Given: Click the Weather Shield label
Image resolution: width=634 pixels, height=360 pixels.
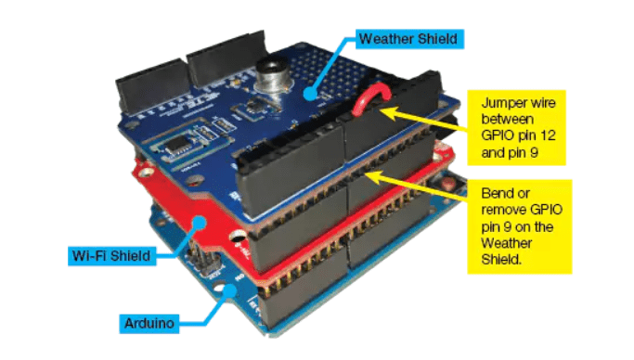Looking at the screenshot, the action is [x=409, y=39].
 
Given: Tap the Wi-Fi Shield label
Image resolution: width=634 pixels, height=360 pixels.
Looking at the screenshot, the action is [x=111, y=256].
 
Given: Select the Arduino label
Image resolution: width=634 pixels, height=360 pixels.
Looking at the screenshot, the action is [x=149, y=323].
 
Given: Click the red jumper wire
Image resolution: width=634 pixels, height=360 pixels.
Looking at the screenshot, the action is [x=370, y=98].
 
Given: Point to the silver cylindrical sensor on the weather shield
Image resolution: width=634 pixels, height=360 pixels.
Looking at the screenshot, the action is [x=272, y=80].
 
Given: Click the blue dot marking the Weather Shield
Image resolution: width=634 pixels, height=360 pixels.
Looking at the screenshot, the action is [x=311, y=94].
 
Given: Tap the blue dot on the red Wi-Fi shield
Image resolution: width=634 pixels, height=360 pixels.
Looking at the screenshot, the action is [x=200, y=223].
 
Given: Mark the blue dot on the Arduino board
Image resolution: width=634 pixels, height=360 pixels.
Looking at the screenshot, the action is [x=230, y=290].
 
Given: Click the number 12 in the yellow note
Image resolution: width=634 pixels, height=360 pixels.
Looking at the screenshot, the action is [x=547, y=135].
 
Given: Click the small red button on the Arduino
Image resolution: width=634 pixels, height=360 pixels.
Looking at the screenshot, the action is [x=447, y=185].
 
